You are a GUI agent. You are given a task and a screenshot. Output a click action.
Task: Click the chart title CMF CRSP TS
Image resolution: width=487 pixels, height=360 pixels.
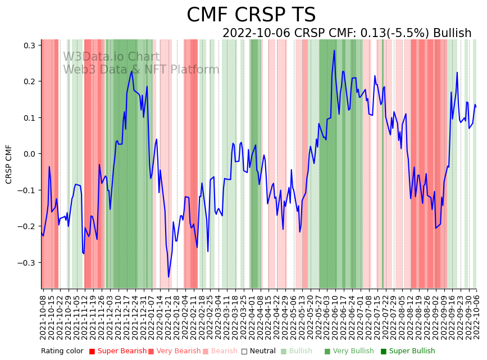tap(251, 15)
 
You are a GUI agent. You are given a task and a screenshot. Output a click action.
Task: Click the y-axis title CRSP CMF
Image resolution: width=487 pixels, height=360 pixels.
tap(9, 164)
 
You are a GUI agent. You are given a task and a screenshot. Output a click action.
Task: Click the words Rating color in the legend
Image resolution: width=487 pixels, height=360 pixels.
tap(62, 351)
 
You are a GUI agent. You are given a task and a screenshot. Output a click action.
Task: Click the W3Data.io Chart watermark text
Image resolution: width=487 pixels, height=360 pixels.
tap(111, 57)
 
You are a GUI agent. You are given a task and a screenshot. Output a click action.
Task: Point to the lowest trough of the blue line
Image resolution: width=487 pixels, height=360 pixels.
tap(169, 277)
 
